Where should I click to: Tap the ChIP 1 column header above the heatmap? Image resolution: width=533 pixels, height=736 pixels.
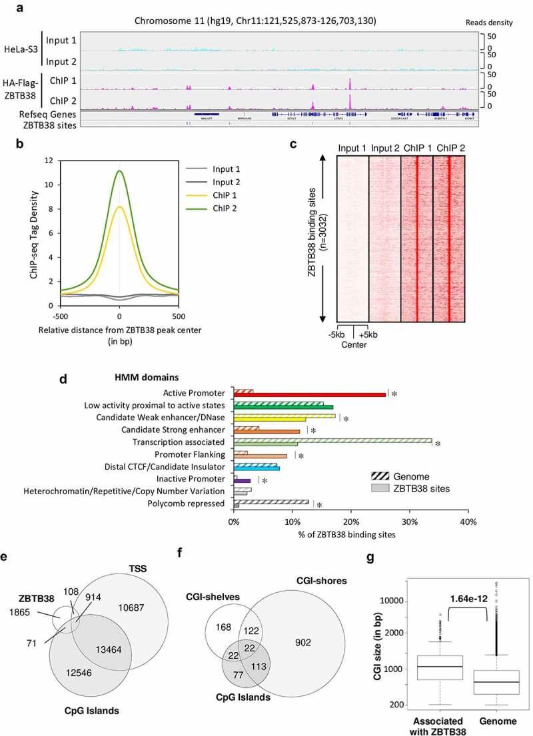[417, 148]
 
